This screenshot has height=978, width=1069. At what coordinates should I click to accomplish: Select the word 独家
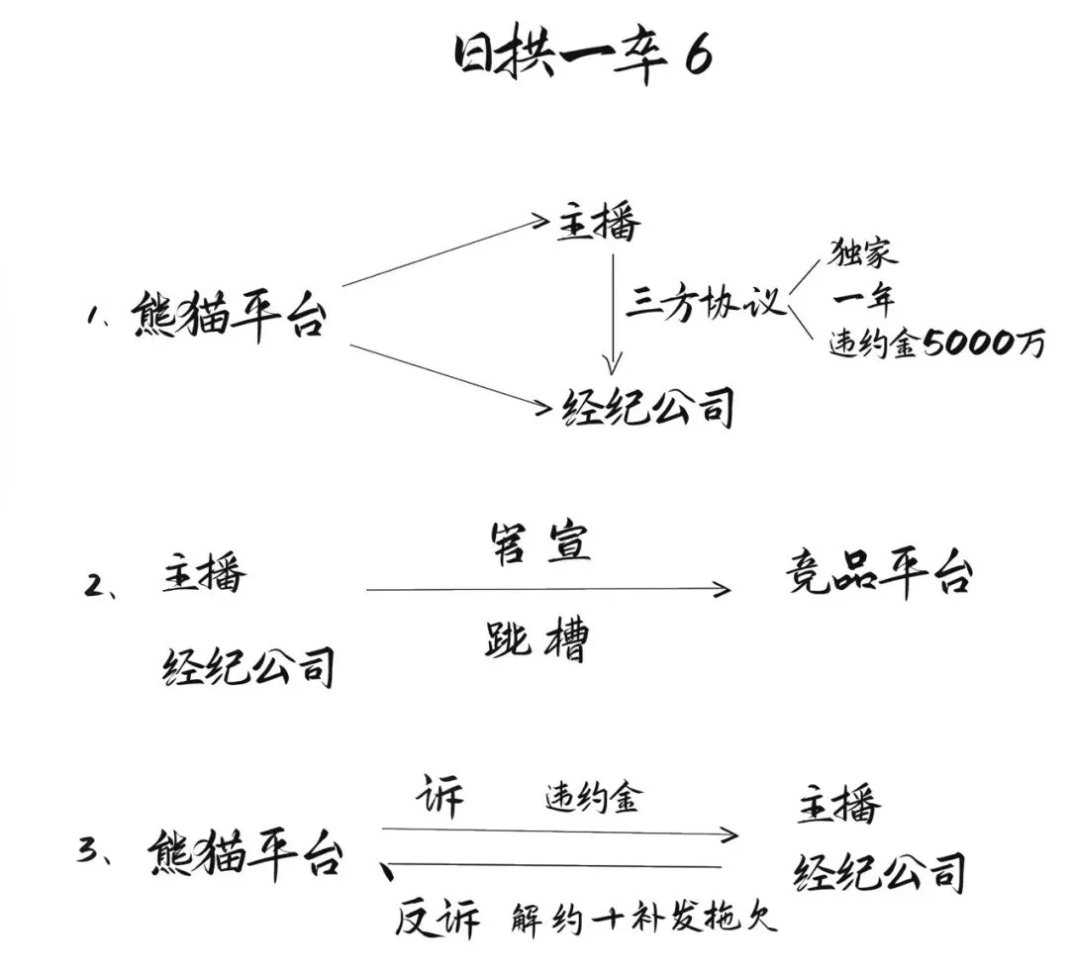pos(862,253)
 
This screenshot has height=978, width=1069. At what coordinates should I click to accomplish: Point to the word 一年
pos(863,299)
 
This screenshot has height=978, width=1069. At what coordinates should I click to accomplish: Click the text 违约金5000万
pos(936,343)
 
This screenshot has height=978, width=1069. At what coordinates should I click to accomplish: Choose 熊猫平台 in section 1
pos(229,317)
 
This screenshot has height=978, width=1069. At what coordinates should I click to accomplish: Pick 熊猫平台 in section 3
pos(245,852)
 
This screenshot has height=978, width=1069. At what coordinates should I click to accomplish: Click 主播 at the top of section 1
pos(599,223)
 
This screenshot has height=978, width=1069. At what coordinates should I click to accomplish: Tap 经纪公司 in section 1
pos(647,407)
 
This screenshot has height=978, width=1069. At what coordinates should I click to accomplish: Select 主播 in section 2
pos(204,575)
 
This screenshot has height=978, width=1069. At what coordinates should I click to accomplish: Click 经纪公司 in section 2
pos(248,666)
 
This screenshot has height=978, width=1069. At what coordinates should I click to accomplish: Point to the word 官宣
pos(540,543)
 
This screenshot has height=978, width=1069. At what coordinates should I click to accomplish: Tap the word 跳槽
pos(535,640)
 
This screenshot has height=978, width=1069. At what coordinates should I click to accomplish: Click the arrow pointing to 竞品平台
pos(548,589)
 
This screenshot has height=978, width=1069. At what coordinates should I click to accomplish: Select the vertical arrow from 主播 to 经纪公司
pos(614,315)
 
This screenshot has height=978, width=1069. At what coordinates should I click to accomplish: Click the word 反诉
pos(437,918)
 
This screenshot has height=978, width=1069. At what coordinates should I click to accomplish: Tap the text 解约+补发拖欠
pos(644,918)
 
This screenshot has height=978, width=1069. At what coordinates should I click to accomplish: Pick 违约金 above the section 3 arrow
pos(593,797)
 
